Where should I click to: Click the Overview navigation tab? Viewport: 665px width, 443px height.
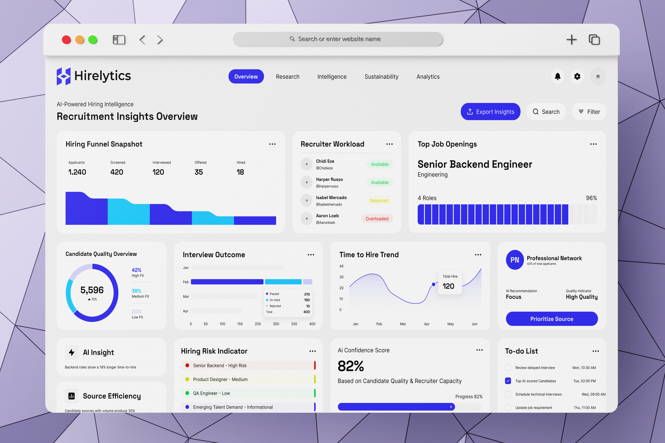[246, 77]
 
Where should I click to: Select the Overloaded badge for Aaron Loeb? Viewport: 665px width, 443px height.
[377, 219]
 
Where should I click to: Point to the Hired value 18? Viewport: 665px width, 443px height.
[240, 172]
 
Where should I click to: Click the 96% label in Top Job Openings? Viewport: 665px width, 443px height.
[591, 198]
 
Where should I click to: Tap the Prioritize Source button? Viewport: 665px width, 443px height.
[552, 319]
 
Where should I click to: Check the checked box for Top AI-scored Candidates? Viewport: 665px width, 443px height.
[508, 381]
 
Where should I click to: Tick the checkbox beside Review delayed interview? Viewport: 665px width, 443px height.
[508, 368]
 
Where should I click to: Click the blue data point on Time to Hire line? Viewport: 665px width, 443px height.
[433, 284]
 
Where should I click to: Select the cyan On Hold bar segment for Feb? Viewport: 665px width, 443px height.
[283, 282]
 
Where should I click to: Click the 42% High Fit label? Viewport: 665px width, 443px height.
[137, 270]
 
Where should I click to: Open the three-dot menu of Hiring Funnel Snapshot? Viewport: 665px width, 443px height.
[272, 144]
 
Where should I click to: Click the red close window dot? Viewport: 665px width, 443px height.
[66, 40]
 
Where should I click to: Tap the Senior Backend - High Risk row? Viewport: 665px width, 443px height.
[248, 365]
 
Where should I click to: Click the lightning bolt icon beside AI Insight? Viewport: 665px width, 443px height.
[71, 352]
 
